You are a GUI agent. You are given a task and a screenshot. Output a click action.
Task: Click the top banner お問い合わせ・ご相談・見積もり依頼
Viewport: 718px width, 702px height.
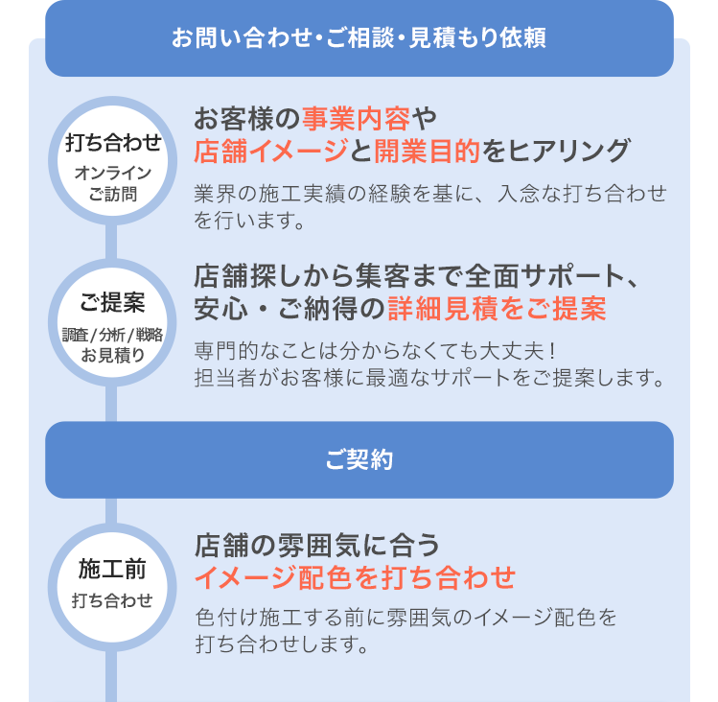click(x=359, y=38)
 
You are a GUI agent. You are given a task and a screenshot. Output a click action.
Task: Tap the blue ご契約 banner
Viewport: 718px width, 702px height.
click(x=359, y=459)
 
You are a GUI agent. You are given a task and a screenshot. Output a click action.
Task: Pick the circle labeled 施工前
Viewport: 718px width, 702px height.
click(x=113, y=585)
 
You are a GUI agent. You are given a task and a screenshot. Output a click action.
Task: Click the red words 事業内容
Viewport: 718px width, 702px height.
click(x=356, y=120)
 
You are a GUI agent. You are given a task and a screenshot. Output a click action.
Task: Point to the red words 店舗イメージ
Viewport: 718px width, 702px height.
click(x=271, y=151)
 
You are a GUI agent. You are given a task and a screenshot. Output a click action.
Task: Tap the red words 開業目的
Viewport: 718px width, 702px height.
click(x=414, y=151)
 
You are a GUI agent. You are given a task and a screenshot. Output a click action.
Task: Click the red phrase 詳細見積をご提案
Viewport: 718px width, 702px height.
click(x=497, y=309)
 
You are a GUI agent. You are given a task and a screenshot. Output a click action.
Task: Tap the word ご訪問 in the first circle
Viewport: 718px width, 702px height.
click(x=113, y=194)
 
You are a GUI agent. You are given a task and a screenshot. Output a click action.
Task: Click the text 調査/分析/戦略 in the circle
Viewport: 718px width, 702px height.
click(x=113, y=335)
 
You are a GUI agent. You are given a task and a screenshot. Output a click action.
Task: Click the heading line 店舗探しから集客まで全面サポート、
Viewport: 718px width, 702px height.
click(x=417, y=277)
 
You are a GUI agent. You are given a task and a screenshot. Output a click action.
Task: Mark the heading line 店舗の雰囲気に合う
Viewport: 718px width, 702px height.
click(x=317, y=546)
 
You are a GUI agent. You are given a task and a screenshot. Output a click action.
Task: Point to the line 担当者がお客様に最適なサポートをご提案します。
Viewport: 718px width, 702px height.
click(x=429, y=376)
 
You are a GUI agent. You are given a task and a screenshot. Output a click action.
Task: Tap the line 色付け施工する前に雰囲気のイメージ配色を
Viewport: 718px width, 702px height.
click(x=405, y=617)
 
